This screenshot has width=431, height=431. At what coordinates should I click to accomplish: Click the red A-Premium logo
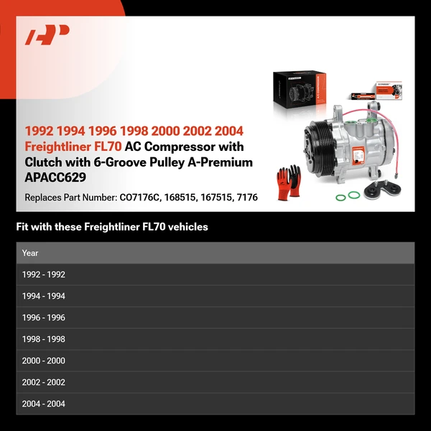pyautogui.click(x=47, y=34)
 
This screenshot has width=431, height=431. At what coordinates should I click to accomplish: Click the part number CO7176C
pyautogui.click(x=144, y=198)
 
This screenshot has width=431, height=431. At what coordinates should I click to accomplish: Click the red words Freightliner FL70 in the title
pyautogui.click(x=73, y=147)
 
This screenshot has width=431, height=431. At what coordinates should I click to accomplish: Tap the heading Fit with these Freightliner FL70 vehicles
pyautogui.click(x=112, y=227)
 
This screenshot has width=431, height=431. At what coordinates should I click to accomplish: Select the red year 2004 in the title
pyautogui.click(x=228, y=131)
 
